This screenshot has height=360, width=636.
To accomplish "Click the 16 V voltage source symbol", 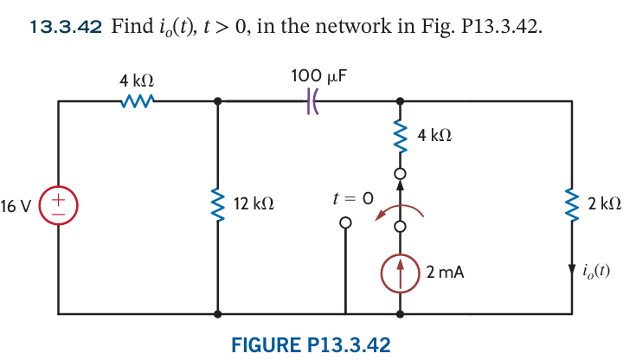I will (x=59, y=207).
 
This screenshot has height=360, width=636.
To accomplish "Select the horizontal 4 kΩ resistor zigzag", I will (x=138, y=101).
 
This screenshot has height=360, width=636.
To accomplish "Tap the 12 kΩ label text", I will (x=254, y=205).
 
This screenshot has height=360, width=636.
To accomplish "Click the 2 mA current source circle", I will (x=400, y=273).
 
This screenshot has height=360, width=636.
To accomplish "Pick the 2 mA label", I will (x=445, y=273).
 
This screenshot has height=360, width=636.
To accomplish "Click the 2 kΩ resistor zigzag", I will (x=571, y=204).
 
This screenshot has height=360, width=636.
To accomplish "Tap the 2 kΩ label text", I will (x=603, y=205).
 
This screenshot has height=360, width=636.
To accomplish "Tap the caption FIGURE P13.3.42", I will (x=311, y=344).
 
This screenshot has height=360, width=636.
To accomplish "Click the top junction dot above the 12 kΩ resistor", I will (x=217, y=101).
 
